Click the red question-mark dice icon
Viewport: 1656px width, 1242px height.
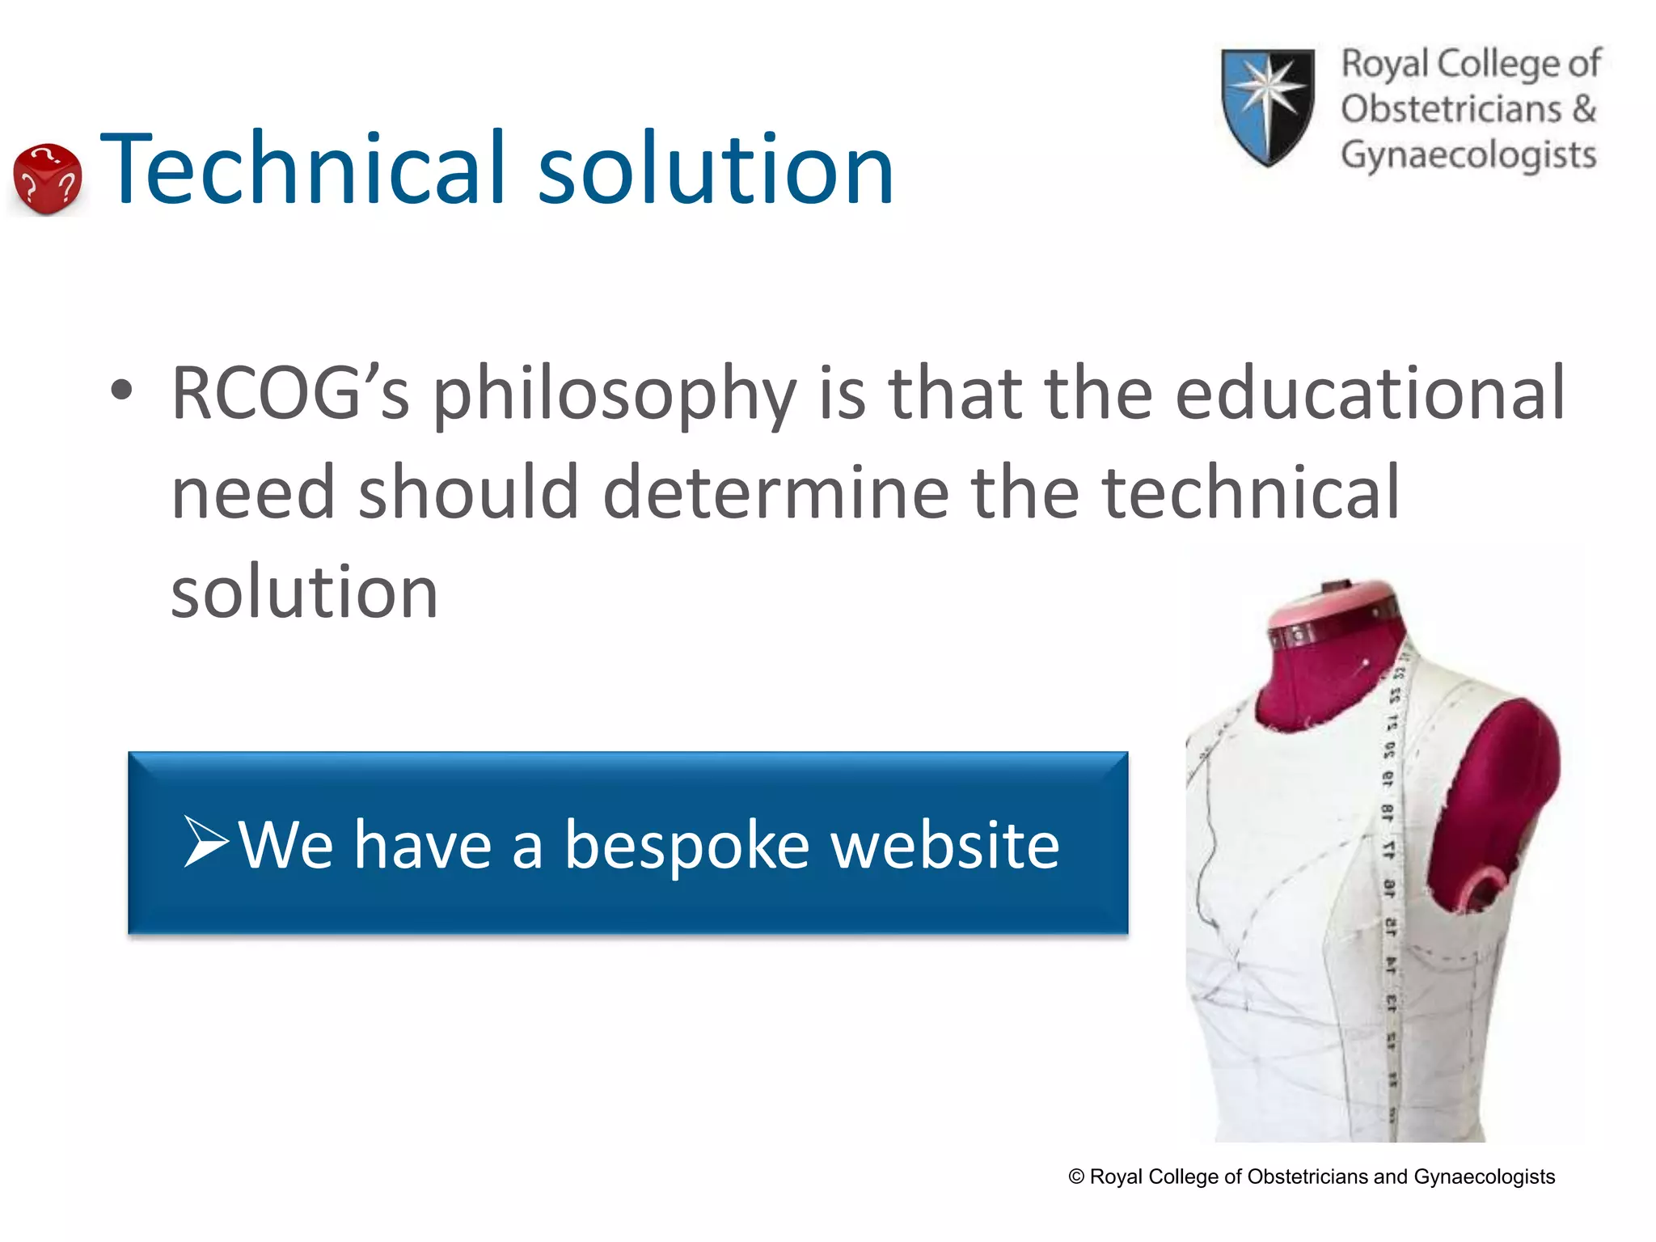coord(48,179)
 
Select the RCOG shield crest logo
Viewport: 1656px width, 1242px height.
coord(1266,105)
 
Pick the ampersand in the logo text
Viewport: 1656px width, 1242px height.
coord(1583,108)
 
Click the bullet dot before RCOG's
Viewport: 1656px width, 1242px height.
coord(121,391)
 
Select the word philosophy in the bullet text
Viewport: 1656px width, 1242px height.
coord(615,396)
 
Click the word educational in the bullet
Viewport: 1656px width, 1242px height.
coord(1370,393)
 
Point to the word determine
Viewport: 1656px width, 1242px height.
coord(775,492)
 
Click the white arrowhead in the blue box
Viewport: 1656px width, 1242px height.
coord(205,842)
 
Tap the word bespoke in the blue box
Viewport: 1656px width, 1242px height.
coord(686,845)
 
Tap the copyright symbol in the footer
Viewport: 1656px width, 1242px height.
coord(1076,1177)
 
